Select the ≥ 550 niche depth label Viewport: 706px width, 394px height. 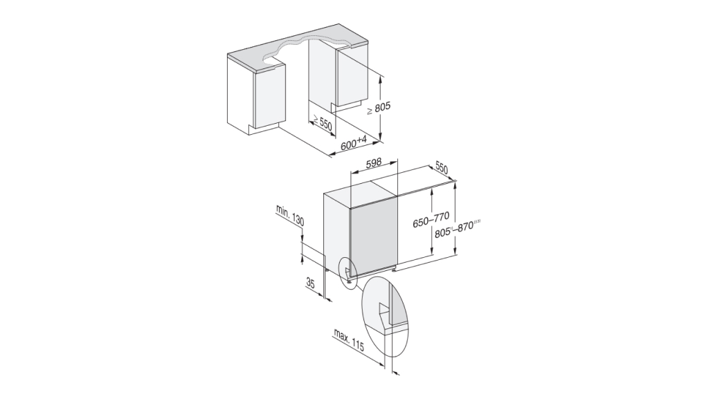point(322,123)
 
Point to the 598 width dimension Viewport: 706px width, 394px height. point(374,164)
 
